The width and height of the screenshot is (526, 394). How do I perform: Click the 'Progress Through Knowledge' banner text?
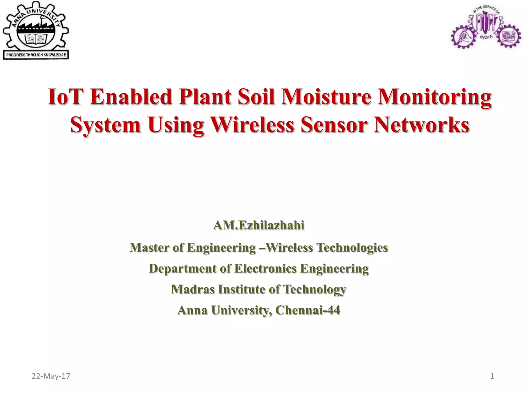click(x=36, y=55)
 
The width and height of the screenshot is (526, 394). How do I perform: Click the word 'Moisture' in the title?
click(x=326, y=97)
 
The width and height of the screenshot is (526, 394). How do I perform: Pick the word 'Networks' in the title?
click(x=421, y=125)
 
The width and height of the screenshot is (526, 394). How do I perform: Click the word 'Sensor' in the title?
click(x=334, y=125)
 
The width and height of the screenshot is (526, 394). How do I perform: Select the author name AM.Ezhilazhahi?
click(x=259, y=225)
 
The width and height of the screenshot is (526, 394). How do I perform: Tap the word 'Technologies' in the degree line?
click(x=352, y=248)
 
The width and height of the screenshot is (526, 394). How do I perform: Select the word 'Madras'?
click(x=193, y=289)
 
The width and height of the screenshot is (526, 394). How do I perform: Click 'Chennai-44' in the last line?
click(x=308, y=310)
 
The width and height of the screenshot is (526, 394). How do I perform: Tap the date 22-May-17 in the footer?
click(x=51, y=376)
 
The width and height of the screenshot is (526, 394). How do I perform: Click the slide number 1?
click(x=492, y=376)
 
